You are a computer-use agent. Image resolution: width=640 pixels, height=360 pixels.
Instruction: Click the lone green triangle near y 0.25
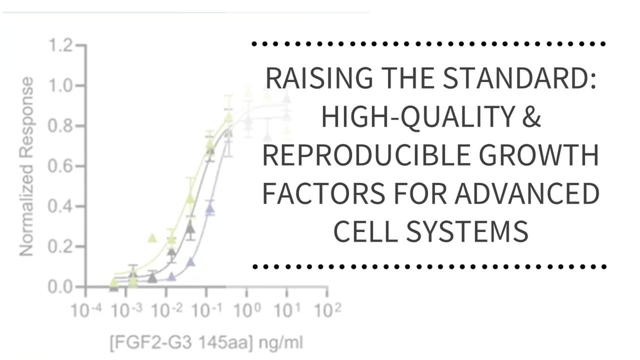pyautogui.click(x=152, y=238)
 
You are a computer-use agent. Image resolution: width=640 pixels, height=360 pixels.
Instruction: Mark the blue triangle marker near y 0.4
pyautogui.click(x=210, y=209)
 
